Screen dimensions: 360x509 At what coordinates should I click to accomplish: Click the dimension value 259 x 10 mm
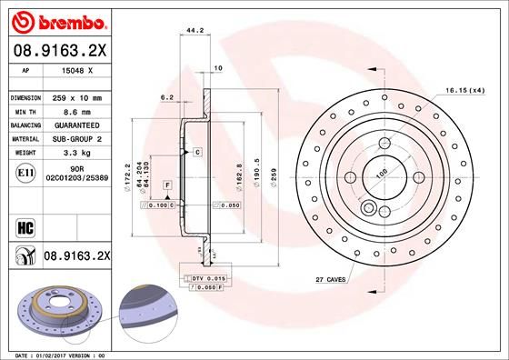click(x=79, y=97)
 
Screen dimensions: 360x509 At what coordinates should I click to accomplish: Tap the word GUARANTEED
click(x=81, y=125)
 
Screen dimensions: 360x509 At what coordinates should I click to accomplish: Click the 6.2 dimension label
click(x=167, y=95)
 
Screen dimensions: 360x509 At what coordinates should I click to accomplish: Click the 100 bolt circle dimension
click(x=382, y=173)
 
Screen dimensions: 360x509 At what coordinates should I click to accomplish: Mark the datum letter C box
click(x=196, y=152)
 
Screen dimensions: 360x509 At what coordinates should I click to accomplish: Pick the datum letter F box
click(x=167, y=185)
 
